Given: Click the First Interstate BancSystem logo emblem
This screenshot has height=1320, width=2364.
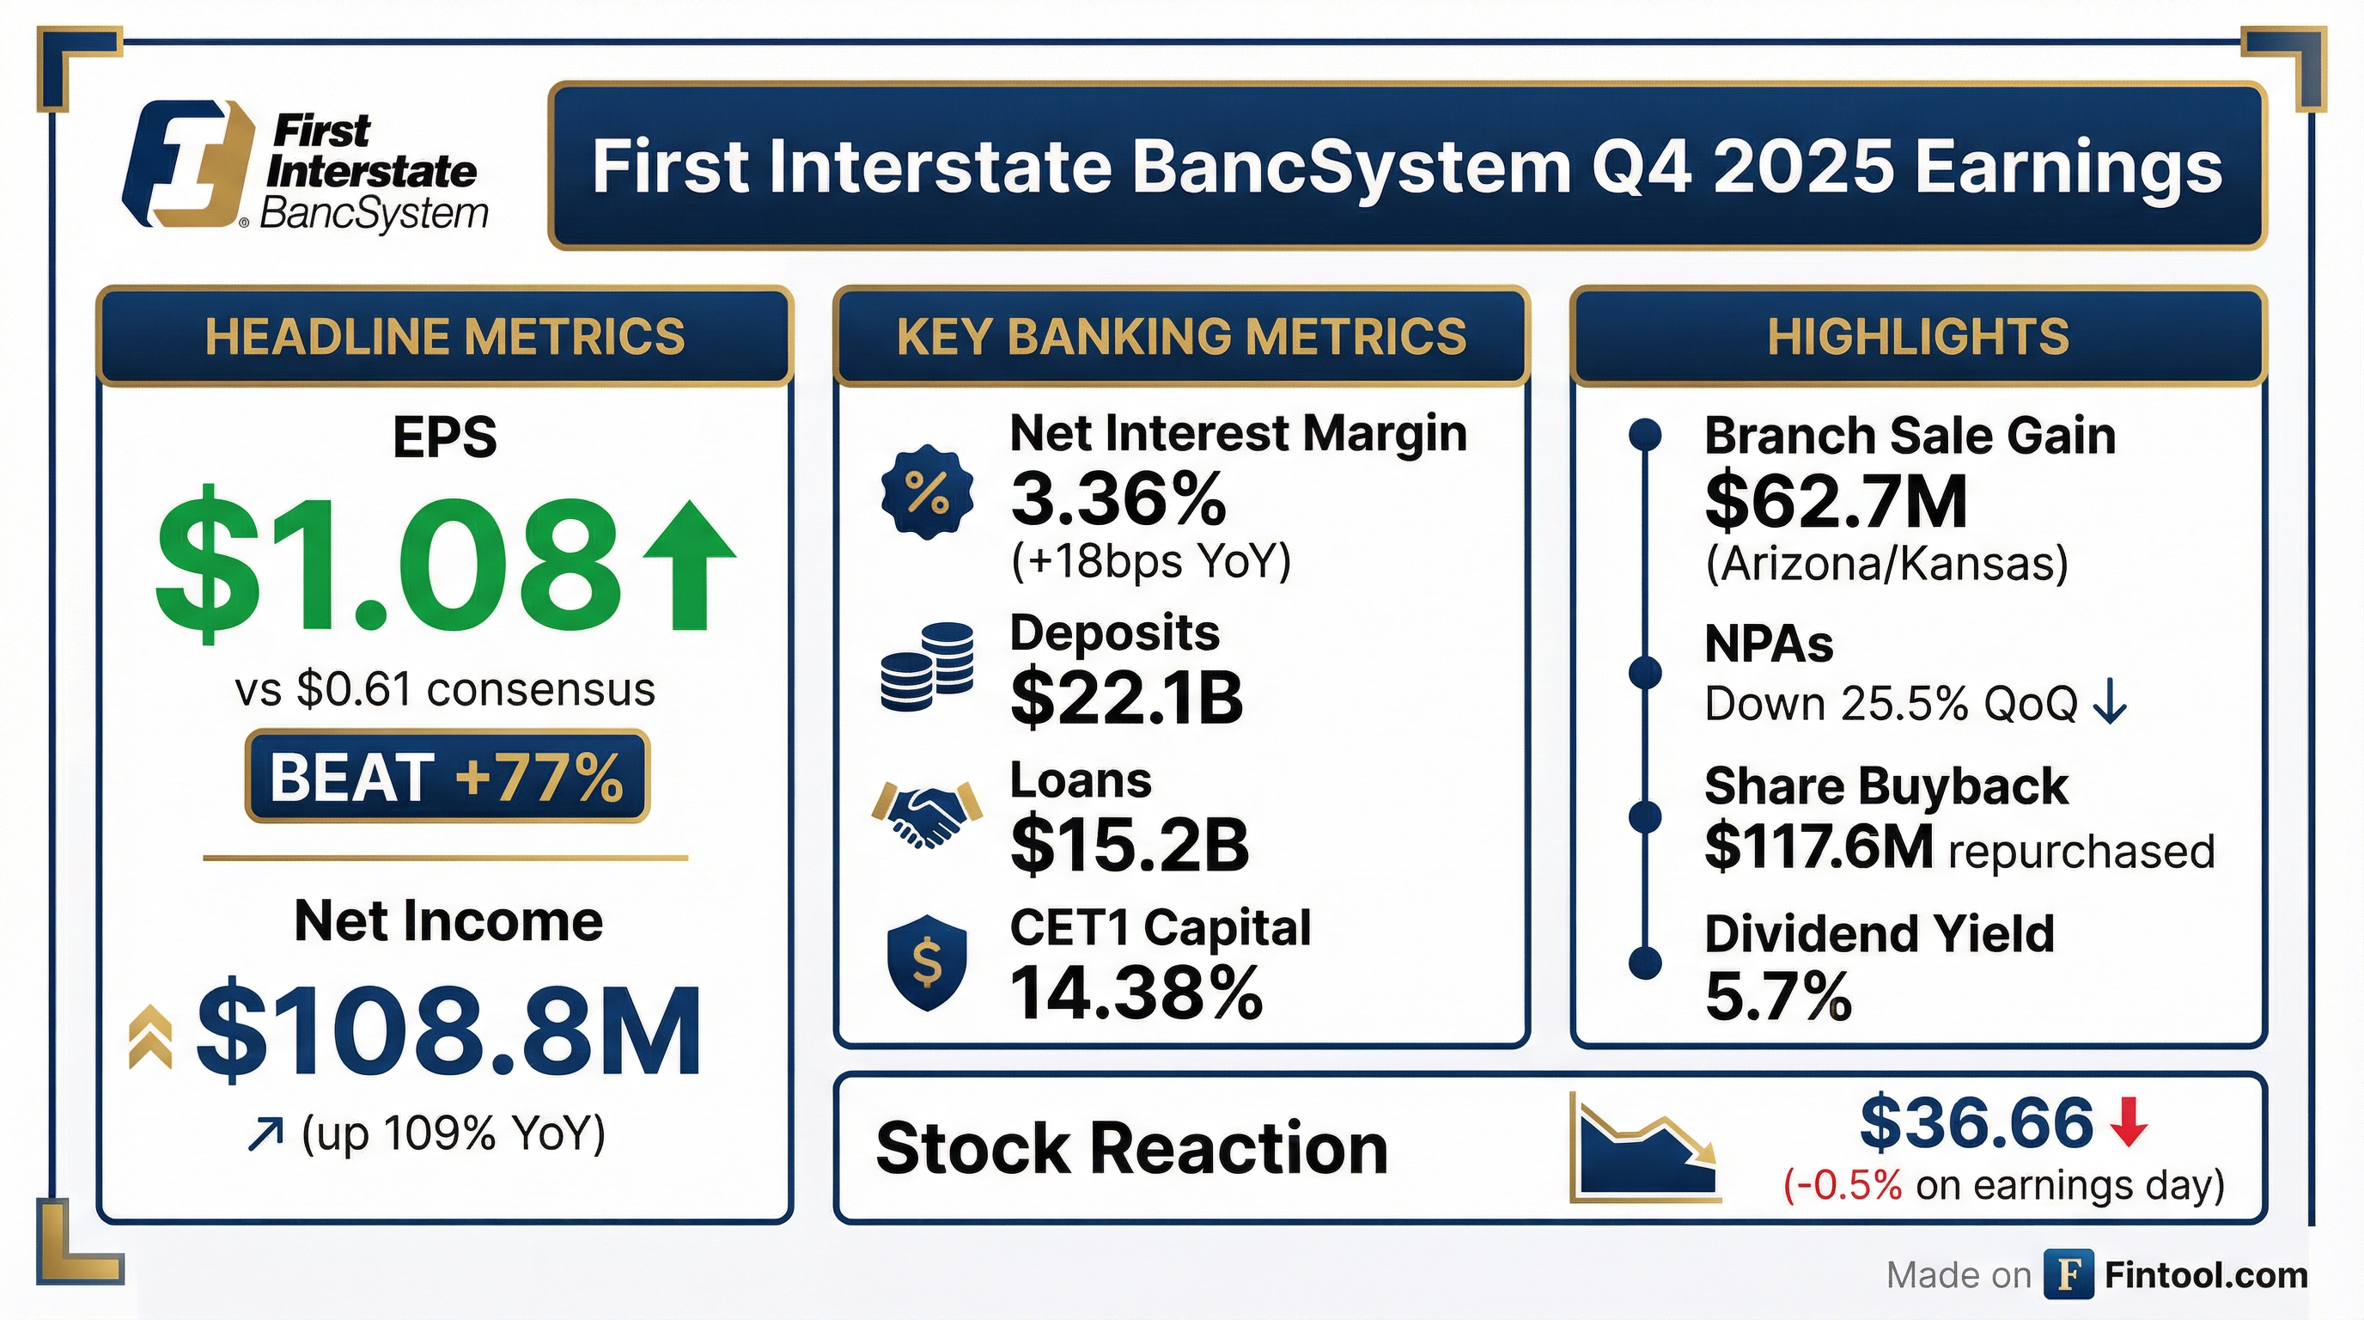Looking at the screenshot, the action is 188,162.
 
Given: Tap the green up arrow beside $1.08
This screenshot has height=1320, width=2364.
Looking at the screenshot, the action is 689,565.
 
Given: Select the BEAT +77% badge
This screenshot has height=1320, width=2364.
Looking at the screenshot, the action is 447,777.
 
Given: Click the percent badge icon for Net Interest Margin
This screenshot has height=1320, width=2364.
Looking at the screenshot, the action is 927,493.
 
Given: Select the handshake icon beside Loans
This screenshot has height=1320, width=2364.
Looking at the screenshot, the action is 927,812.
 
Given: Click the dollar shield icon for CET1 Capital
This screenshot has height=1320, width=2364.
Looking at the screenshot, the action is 927,962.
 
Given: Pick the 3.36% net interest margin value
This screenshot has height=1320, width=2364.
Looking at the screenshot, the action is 1118,498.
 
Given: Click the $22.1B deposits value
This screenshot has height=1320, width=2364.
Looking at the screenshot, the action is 1126,698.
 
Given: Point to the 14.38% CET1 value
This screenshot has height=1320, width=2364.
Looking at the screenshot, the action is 1136,992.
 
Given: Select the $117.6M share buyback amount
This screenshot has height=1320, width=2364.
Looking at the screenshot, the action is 1819,846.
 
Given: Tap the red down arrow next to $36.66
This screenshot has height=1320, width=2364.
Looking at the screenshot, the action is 2130,1123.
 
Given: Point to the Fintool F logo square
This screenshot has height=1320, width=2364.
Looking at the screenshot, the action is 2068,1275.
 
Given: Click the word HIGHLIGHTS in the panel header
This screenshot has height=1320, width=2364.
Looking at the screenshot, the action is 1918,336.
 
